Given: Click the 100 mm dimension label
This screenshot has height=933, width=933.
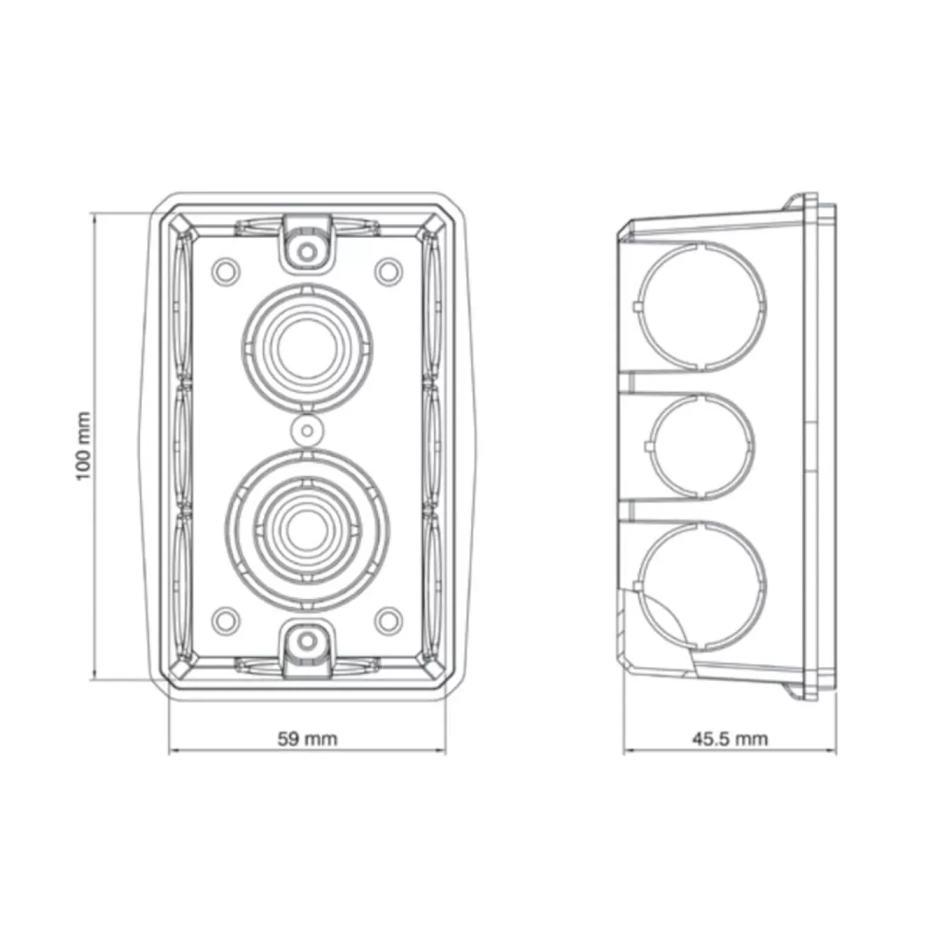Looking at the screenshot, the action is point(83,446).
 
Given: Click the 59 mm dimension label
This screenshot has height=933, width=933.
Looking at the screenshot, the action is point(307,739).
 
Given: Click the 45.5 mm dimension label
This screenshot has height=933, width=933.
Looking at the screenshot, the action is point(730,739).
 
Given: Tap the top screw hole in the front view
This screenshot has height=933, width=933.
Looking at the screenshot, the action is point(307,251).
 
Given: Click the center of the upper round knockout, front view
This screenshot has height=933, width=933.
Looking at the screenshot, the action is point(307,349).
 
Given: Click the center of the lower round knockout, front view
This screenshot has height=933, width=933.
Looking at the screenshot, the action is point(307,529).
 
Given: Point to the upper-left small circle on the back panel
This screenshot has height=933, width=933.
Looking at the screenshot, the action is point(227,272).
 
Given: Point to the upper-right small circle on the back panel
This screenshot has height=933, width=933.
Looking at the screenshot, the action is point(389,272).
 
